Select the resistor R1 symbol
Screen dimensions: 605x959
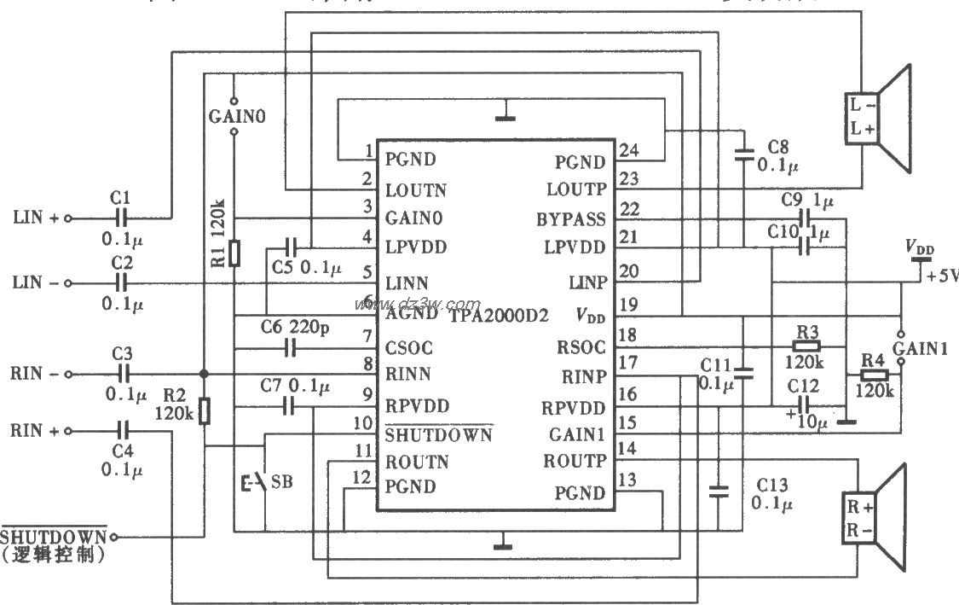[x=234, y=253]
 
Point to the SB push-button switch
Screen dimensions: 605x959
[x=257, y=483]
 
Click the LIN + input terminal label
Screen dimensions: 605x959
[x=37, y=218]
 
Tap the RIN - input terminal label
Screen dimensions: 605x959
[x=37, y=374]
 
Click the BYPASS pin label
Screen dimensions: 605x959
[x=570, y=219]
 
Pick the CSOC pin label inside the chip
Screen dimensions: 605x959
[x=409, y=348]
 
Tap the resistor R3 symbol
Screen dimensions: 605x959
[x=806, y=346]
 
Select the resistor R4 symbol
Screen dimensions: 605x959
[x=873, y=374]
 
